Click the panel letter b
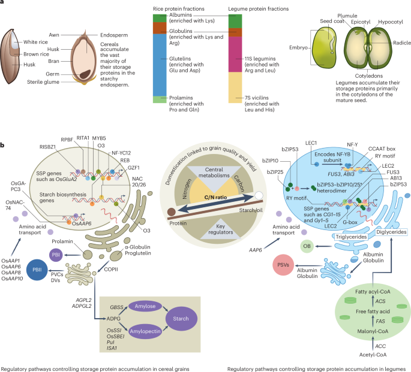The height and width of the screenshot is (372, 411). (x=4, y=146)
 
